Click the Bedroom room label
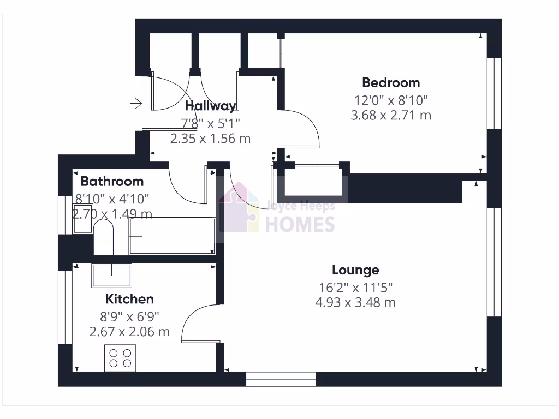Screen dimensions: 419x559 click(391, 83)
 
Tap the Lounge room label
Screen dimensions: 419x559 click(355, 270)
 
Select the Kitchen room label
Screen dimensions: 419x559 click(129, 299)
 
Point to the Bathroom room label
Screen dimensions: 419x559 click(112, 181)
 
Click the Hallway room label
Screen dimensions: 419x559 click(210, 106)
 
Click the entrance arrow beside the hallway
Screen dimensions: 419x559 click(136, 103)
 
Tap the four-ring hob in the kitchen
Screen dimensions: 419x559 click(120, 358)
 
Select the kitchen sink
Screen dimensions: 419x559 click(111, 276)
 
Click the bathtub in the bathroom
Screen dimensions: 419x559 click(172, 236)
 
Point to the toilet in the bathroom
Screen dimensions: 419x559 click(103, 238)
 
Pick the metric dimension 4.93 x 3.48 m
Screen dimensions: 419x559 click(355, 302)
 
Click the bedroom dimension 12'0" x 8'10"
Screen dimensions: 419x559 click(391, 100)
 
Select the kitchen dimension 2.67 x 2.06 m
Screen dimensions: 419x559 click(129, 331)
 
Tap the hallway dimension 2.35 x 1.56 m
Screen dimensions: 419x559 click(210, 139)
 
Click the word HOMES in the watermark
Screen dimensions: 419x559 click(300, 224)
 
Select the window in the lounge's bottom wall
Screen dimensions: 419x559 click(281, 379)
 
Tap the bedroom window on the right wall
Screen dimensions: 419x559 click(493, 93)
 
